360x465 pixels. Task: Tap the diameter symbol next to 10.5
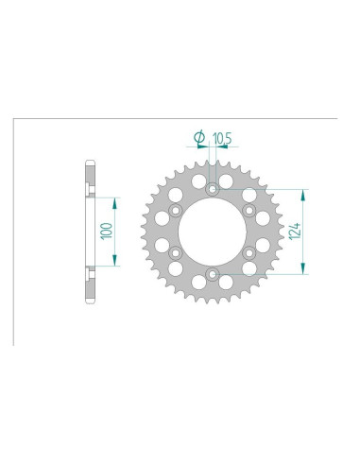tap(199, 138)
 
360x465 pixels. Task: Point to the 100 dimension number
tap(105, 231)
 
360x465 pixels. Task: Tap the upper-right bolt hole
tap(249, 210)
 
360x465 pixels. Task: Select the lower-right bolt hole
tap(249, 253)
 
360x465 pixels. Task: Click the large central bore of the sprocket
tap(212, 232)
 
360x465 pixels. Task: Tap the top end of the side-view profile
tap(90, 163)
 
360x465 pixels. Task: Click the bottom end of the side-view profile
tap(90, 301)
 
